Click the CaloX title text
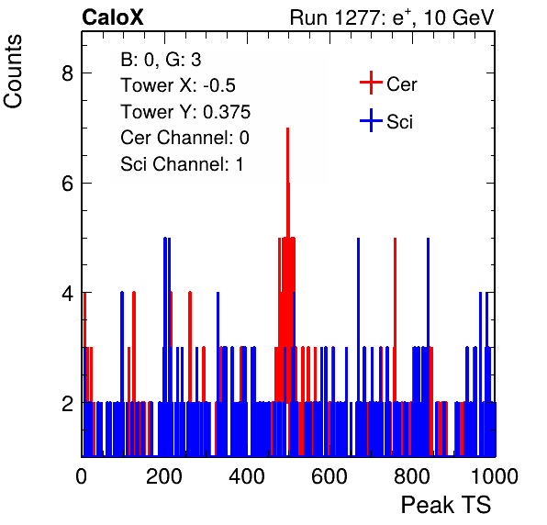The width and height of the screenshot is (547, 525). (113, 17)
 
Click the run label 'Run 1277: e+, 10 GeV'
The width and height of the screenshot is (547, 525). (392, 17)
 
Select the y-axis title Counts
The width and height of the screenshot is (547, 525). (13, 72)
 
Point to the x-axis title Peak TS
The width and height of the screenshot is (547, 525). (446, 505)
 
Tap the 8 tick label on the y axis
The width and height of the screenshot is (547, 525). (67, 73)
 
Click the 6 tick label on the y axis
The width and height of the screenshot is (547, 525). (67, 183)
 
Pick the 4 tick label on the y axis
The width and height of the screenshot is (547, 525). (67, 293)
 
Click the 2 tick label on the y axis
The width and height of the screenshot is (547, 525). (67, 403)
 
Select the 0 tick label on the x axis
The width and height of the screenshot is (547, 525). (82, 475)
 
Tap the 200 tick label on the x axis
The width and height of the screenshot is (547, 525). (164, 475)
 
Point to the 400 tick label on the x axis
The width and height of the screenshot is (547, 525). (247, 475)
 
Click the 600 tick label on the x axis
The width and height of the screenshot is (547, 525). (329, 475)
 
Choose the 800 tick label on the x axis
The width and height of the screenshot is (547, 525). (412, 475)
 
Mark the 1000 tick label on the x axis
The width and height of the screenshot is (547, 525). (495, 475)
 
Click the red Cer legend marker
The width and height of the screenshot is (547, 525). (371, 83)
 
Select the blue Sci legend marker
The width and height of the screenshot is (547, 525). (371, 121)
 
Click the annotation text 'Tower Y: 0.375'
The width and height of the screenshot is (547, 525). (185, 112)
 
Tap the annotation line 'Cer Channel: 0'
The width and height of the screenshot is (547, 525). (184, 138)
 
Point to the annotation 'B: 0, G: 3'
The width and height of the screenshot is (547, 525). (161, 60)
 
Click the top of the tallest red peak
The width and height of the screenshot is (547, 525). (288, 128)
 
